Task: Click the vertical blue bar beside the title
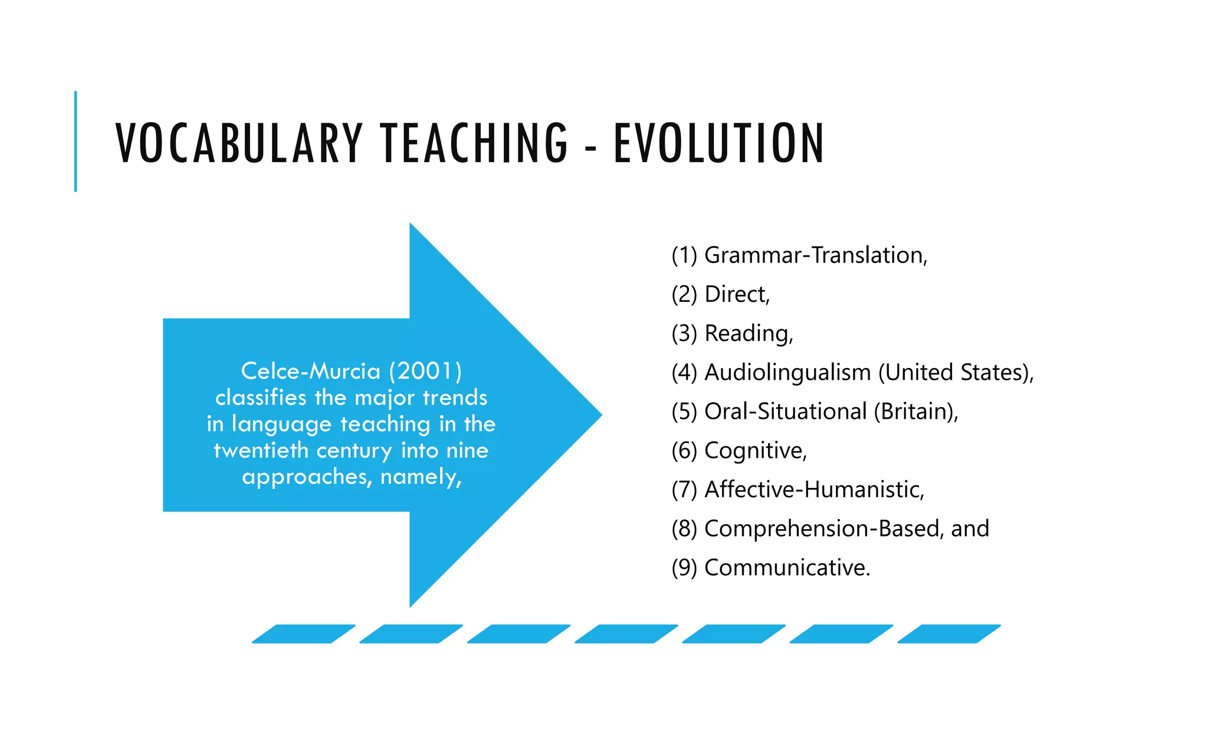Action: [75, 142]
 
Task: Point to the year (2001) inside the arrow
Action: [425, 371]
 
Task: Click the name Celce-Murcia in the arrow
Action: [311, 371]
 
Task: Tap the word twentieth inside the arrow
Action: [261, 451]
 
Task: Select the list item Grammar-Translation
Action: [816, 255]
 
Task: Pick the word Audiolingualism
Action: [787, 373]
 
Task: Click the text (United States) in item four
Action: [955, 373]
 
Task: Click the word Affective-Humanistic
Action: [814, 490]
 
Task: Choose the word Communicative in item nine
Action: [787, 567]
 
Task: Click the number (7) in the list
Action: [684, 490]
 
